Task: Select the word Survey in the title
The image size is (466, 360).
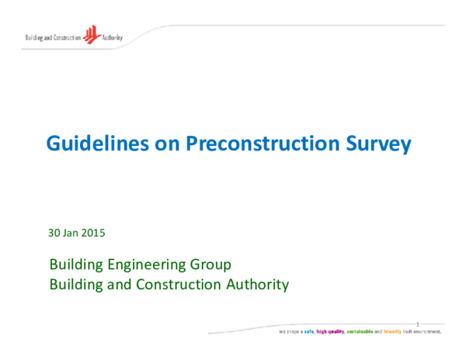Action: [x=378, y=144]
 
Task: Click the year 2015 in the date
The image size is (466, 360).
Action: [x=94, y=232]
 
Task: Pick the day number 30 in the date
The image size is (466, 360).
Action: [x=54, y=232]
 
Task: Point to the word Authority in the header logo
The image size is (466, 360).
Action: [x=112, y=37]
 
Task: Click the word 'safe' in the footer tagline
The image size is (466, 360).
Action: [x=308, y=331]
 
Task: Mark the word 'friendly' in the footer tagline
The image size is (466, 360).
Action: [x=391, y=331]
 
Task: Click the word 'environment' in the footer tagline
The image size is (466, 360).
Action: [x=428, y=331]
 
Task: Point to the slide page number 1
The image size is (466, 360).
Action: [x=418, y=324]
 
